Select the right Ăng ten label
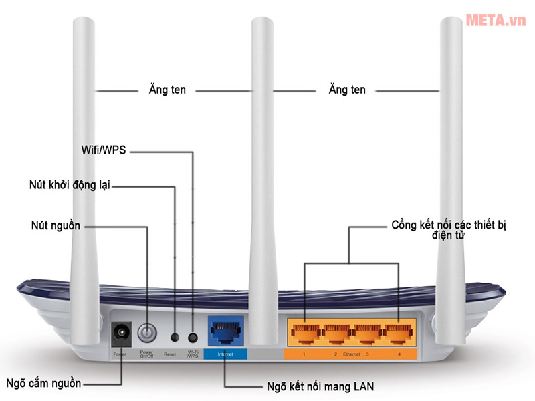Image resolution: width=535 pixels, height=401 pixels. point(347,89)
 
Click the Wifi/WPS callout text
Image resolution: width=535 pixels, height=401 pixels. point(103,152)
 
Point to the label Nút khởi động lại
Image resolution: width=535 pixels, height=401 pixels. point(70,184)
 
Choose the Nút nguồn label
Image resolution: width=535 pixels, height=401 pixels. point(56,225)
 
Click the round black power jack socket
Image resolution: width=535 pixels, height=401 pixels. point(122,332)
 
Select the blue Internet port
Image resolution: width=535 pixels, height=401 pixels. point(224,330)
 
